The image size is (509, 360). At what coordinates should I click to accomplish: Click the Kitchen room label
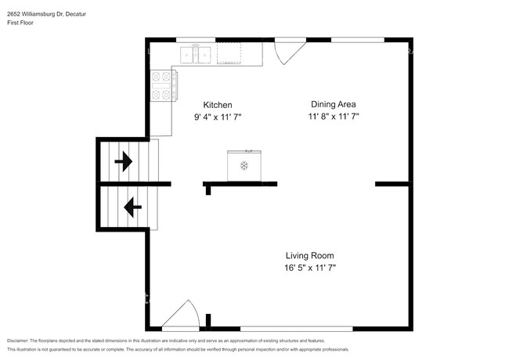tap(218, 105)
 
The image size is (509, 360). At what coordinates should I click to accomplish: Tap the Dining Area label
tap(334, 104)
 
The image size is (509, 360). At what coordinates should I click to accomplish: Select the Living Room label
tap(309, 256)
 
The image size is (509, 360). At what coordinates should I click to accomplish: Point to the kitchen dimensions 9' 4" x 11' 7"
tap(218, 117)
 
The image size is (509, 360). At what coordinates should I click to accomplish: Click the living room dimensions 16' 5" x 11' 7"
tap(310, 268)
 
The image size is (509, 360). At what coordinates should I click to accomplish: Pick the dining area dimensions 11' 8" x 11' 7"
tap(334, 116)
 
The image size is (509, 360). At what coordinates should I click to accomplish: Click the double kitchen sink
tap(196, 54)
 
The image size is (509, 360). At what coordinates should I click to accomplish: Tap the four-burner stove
tap(164, 85)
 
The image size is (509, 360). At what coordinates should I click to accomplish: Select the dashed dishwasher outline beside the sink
tap(229, 53)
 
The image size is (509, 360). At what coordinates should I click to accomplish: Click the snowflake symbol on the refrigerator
tap(244, 166)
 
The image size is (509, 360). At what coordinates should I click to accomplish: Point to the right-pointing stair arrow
tap(124, 161)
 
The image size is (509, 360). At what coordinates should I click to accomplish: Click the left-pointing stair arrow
tap(133, 207)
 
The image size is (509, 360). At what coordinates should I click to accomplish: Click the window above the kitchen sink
tap(196, 40)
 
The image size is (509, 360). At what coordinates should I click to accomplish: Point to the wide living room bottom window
tap(296, 329)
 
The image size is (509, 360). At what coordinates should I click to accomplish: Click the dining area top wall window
tap(358, 40)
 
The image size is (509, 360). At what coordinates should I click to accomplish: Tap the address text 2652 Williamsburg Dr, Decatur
tap(47, 14)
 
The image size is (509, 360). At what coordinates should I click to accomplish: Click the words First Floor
tap(20, 23)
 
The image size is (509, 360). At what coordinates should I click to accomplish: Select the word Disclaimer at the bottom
tap(18, 341)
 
